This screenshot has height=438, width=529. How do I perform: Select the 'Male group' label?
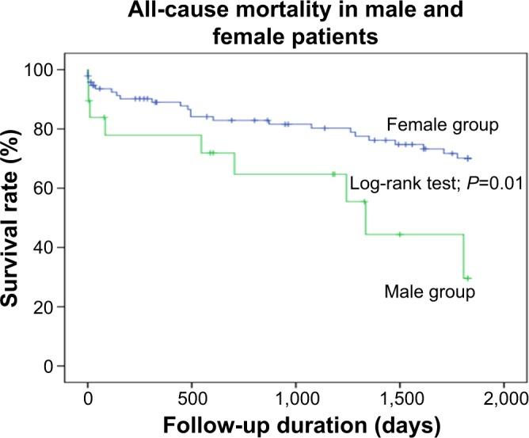(429, 292)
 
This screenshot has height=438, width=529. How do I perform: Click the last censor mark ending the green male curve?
(467, 278)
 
